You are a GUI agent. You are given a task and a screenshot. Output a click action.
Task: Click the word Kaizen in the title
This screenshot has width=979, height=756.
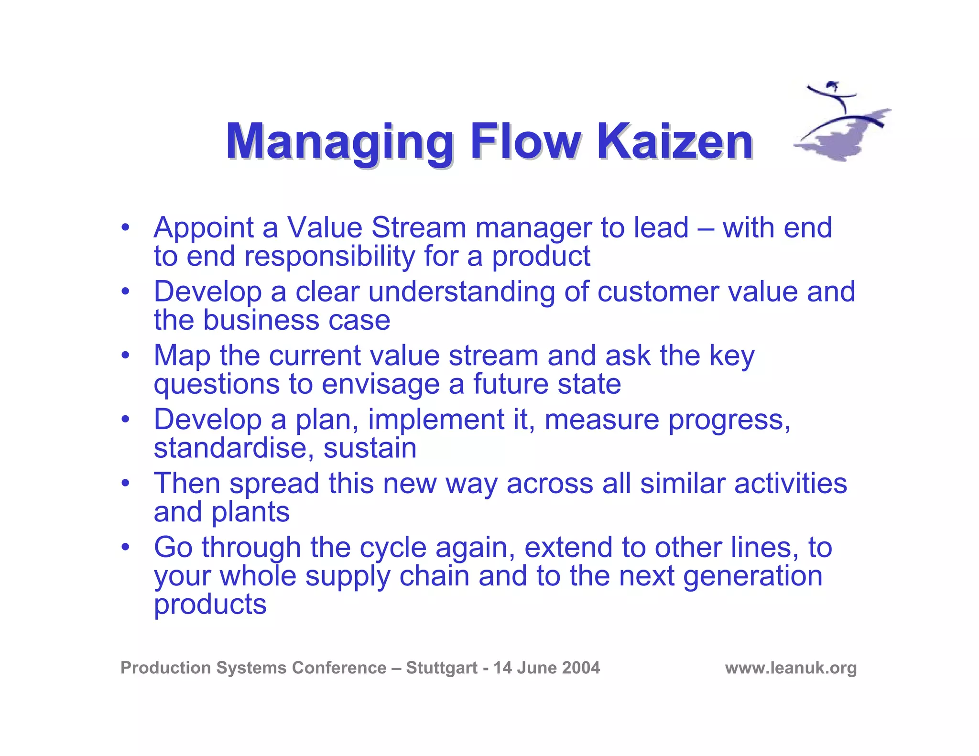674,142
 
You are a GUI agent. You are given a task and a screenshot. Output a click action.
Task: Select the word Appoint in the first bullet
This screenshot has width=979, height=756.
204,228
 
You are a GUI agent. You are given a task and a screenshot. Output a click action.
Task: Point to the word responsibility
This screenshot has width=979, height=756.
329,257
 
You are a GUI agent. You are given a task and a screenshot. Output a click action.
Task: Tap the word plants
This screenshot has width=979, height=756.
250,513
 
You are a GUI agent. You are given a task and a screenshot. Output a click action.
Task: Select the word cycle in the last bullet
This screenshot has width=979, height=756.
393,548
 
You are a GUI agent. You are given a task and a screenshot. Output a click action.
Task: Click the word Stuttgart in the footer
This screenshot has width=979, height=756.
441,668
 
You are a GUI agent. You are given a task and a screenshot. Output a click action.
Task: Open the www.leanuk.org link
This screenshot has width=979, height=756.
791,668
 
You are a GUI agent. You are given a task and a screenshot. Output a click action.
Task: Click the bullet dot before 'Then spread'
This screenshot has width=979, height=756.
125,483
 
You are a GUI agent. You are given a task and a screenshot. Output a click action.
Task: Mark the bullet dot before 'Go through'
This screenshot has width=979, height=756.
125,547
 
